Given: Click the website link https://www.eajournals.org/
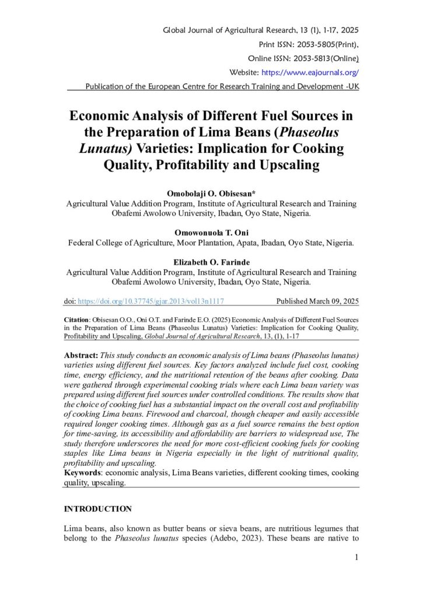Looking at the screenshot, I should pyautogui.click(x=310, y=73).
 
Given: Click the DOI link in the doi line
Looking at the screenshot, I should pyautogui.click(x=151, y=301).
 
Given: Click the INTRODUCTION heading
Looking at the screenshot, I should pyautogui.click(x=97, y=509).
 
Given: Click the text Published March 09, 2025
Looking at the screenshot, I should pyautogui.click(x=317, y=301).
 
